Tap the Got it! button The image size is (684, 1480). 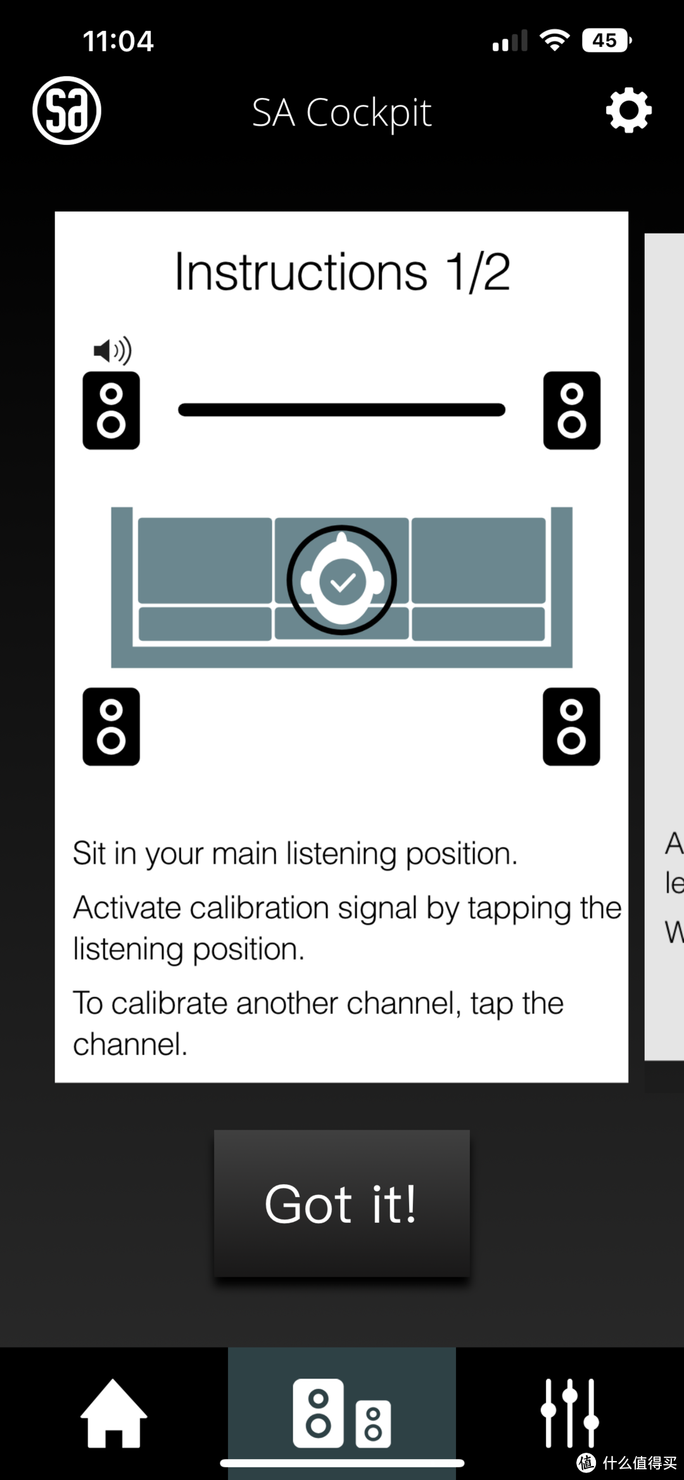341,1203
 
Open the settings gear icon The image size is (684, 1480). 628,111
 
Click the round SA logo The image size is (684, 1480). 66,110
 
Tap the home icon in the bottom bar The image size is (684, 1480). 114,1413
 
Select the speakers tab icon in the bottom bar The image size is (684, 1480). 342,1413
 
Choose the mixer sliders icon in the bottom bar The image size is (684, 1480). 569,1413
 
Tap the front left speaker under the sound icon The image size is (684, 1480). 111,410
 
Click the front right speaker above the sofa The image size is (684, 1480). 572,410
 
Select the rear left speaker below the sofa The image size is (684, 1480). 111,726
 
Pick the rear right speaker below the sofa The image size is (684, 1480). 571,726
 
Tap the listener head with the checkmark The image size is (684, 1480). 342,579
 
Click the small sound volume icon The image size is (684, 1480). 113,350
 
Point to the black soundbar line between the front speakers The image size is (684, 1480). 342,410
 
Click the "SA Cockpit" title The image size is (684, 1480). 342,113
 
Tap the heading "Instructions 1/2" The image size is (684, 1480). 342,272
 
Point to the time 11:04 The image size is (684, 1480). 118,41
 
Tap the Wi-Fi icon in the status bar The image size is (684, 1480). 555,40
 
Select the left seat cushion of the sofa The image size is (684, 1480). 205,560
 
